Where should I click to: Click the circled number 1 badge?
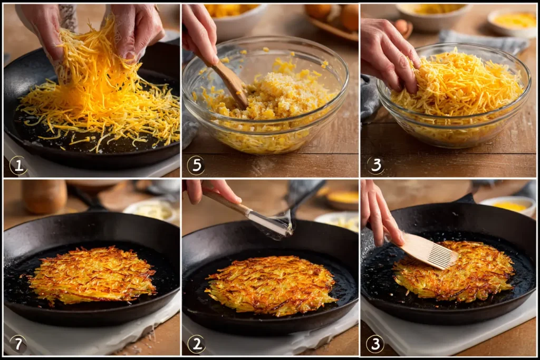tap(18, 166)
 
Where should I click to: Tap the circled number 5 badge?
tap(196, 166)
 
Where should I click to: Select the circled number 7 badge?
tap(18, 344)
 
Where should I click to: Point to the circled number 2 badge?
tap(196, 344)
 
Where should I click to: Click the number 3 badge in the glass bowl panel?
tap(375, 166)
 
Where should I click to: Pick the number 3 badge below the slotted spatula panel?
tap(375, 344)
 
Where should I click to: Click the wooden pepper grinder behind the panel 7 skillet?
tap(44, 197)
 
